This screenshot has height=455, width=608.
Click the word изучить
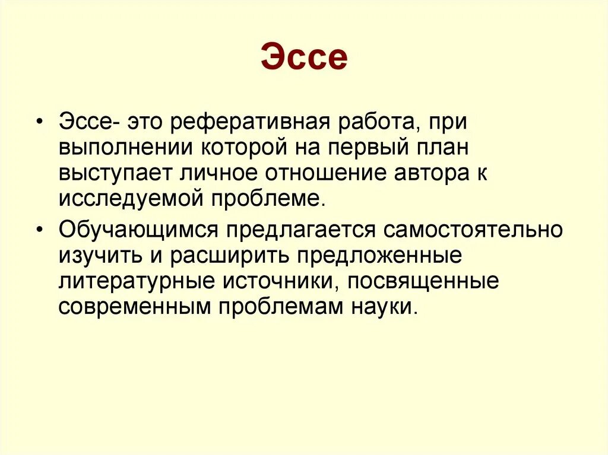pyautogui.click(x=95, y=256)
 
